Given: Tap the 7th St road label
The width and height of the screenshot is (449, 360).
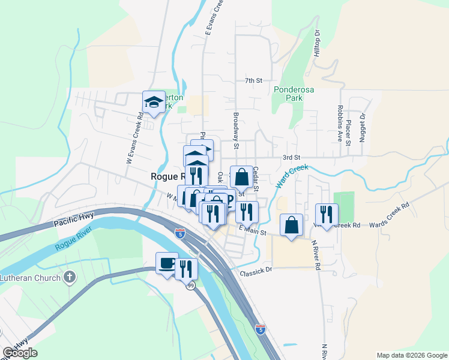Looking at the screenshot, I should (x=254, y=80).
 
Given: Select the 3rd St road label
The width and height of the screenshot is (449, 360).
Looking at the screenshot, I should (x=291, y=157).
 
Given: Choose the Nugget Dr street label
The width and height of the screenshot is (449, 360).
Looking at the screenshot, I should (x=363, y=127).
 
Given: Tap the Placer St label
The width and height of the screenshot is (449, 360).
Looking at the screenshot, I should (x=348, y=133).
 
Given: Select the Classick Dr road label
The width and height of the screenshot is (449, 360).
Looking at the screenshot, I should (x=256, y=271).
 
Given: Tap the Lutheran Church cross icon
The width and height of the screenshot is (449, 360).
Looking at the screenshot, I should (x=70, y=277).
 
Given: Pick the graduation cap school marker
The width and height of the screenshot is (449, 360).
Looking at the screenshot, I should (x=154, y=102).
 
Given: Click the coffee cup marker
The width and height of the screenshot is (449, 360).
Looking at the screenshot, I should (x=167, y=263).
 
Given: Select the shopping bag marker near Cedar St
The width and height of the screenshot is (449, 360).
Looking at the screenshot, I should (x=241, y=177).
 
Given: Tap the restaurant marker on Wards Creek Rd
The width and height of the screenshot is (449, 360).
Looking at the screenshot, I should (x=327, y=214).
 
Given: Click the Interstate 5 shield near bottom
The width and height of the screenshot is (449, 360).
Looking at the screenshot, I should (x=260, y=329).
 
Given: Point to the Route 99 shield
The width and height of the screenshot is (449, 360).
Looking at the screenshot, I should (x=190, y=287).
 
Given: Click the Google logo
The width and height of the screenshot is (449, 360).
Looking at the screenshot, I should (x=20, y=353).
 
